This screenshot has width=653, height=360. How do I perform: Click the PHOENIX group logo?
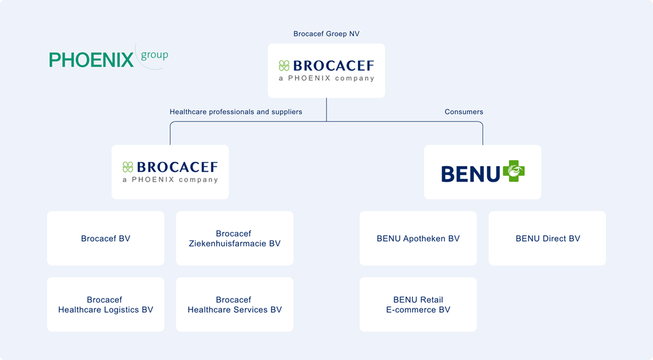pyautogui.click(x=108, y=58)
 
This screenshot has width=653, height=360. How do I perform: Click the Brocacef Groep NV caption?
pyautogui.click(x=326, y=34)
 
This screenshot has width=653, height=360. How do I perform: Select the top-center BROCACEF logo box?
pyautogui.click(x=326, y=71)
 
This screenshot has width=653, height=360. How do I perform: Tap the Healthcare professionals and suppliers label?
pyautogui.click(x=236, y=112)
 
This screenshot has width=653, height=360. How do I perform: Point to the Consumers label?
pyautogui.click(x=464, y=112)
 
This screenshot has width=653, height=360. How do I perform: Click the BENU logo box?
pyautogui.click(x=483, y=172)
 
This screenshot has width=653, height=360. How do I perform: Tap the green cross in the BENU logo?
pyautogui.click(x=514, y=171)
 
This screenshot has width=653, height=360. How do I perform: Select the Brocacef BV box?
pyautogui.click(x=106, y=238)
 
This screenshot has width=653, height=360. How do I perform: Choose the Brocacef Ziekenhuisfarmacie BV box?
pyautogui.click(x=234, y=238)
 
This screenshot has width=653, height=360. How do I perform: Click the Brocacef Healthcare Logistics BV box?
pyautogui.click(x=106, y=304)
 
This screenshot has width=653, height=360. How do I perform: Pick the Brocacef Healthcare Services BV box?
pyautogui.click(x=234, y=304)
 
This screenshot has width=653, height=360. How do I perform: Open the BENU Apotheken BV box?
pyautogui.click(x=418, y=238)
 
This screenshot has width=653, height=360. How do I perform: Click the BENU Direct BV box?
pyautogui.click(x=547, y=238)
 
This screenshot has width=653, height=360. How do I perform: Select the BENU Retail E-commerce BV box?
pyautogui.click(x=418, y=304)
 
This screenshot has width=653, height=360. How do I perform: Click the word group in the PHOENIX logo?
pyautogui.click(x=154, y=56)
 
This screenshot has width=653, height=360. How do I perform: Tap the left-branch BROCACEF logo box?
pyautogui.click(x=170, y=172)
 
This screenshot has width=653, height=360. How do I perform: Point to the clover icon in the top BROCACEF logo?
pyautogui.click(x=284, y=65)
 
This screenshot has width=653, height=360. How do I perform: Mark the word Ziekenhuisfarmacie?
pyautogui.click(x=234, y=244)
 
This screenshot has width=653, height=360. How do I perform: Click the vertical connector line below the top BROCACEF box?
pyautogui.click(x=326, y=109)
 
